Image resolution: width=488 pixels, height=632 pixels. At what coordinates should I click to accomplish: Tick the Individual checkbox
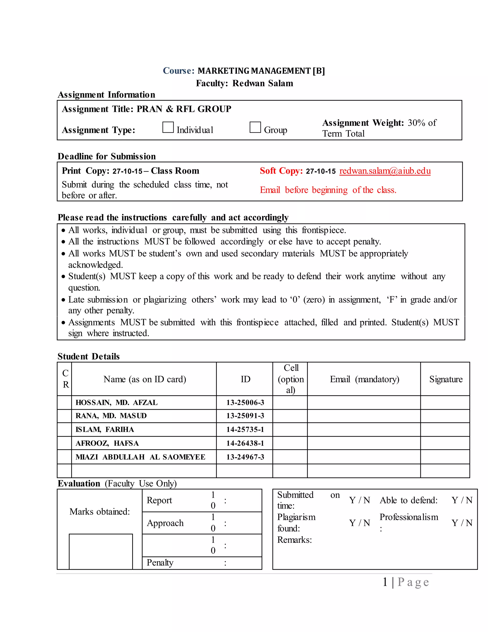(x=168, y=127)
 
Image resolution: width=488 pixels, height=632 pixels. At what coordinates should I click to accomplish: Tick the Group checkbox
(x=255, y=127)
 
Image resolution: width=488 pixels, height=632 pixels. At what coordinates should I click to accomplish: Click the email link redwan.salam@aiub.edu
(x=385, y=171)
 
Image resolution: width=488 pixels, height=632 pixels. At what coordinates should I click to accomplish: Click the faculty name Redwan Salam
(x=263, y=83)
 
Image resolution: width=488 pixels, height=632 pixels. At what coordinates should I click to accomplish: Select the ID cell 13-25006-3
(x=245, y=402)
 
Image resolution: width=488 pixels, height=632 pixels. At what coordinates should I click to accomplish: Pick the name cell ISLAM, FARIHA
(x=105, y=430)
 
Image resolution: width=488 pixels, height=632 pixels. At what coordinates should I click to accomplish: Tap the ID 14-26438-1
(x=245, y=443)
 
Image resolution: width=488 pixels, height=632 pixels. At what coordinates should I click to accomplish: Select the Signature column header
(x=446, y=379)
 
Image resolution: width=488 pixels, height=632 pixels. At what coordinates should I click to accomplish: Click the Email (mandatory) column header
(x=364, y=379)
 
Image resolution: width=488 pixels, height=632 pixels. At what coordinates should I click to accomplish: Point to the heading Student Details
(x=88, y=356)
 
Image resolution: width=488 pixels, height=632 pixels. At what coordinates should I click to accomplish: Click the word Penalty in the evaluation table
(x=160, y=563)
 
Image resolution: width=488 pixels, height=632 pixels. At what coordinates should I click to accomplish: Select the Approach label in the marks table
(x=165, y=523)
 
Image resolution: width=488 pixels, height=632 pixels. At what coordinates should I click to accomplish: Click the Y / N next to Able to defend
(x=462, y=500)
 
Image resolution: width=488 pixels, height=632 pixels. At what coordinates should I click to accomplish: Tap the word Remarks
(x=294, y=540)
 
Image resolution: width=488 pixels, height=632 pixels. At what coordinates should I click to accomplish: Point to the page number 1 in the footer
(x=385, y=582)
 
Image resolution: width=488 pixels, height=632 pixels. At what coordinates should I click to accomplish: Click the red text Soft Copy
(x=281, y=171)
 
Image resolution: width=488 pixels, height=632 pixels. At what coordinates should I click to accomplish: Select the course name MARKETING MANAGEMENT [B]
(x=261, y=71)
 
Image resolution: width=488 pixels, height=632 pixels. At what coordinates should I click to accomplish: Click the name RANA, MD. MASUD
(x=111, y=416)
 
